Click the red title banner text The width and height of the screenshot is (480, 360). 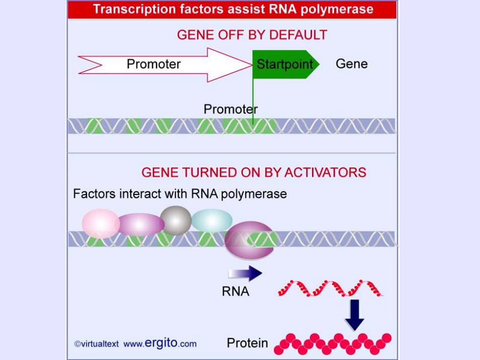pyautogui.click(x=233, y=9)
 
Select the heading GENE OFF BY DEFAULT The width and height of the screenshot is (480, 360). pyautogui.click(x=252, y=35)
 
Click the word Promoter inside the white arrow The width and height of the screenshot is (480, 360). pyautogui.click(x=154, y=64)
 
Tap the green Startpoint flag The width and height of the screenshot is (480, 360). pyautogui.click(x=285, y=64)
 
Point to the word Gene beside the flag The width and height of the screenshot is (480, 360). pyautogui.click(x=352, y=64)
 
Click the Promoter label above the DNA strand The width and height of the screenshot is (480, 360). pyautogui.click(x=231, y=109)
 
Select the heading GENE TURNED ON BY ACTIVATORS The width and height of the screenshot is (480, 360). pyautogui.click(x=254, y=172)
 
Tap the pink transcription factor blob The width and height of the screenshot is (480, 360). pyautogui.click(x=101, y=223)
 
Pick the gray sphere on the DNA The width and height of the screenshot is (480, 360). pyautogui.click(x=176, y=220)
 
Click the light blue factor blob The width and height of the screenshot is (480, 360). pyautogui.click(x=212, y=220)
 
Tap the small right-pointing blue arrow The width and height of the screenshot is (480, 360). pyautogui.click(x=245, y=273)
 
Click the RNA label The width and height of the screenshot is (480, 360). pyautogui.click(x=236, y=291)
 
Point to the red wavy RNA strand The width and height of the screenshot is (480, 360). pyautogui.click(x=330, y=288)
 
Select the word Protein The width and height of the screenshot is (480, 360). pyautogui.click(x=247, y=343)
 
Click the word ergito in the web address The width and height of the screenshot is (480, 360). pyautogui.click(x=161, y=342)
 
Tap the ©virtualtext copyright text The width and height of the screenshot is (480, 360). pyautogui.click(x=96, y=344)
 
